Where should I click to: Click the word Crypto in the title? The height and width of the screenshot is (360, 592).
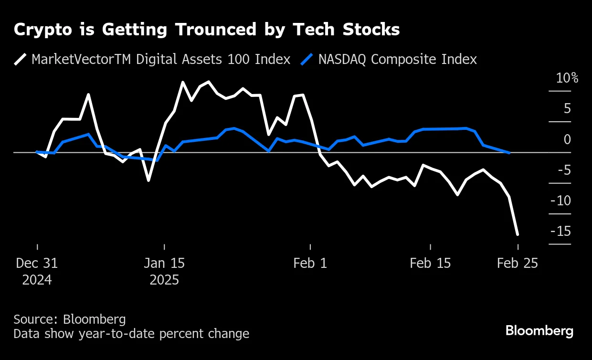tap(39, 30)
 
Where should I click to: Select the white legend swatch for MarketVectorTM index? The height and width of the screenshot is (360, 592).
tap(21, 59)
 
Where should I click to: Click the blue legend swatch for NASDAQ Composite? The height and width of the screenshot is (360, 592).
tap(307, 59)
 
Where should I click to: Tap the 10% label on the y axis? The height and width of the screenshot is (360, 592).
tap(567, 78)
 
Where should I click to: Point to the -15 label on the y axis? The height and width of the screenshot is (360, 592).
tap(560, 232)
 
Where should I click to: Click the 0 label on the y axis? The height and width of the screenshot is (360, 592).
tap(567, 139)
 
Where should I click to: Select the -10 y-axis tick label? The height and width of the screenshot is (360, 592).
tap(560, 201)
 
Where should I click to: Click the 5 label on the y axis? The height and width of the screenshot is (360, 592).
tap(567, 109)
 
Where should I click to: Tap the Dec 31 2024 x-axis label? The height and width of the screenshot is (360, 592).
tap(37, 271)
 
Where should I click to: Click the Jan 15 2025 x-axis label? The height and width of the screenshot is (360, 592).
tap(164, 271)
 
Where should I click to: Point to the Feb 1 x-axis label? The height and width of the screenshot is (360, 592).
tap(310, 263)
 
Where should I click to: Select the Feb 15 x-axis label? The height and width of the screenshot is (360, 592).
tap(430, 263)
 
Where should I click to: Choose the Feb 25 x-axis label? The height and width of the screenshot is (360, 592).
tap(518, 263)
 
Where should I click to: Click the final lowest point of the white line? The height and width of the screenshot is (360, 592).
tap(518, 234)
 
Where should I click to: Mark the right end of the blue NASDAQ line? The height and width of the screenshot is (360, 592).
tap(509, 153)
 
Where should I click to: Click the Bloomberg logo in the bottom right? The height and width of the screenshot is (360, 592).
tap(539, 331)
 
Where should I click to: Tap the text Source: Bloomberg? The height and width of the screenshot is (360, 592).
tap(70, 319)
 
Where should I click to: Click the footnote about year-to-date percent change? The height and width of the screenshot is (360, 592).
tap(131, 333)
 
